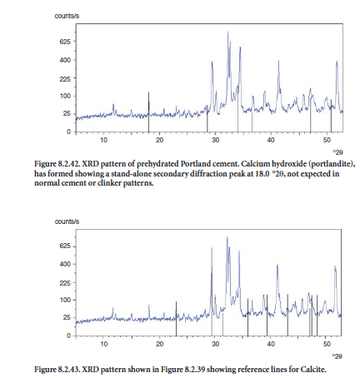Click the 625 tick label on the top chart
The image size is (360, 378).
coord(65,42)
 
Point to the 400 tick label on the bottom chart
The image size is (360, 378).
coord(65,264)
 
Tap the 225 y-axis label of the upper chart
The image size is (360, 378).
coord(65,78)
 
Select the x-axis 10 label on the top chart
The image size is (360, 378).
coord(103,140)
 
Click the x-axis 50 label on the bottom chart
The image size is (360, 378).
coord(327,344)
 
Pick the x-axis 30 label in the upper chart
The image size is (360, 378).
coord(215,140)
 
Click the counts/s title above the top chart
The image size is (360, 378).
coord(67,16)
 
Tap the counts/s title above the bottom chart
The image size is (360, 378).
coord(67,221)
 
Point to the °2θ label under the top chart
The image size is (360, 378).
coord(337,152)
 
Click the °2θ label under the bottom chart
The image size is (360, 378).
coord(337,356)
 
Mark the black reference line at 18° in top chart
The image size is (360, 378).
coord(148,112)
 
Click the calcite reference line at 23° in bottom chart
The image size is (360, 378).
coord(176,319)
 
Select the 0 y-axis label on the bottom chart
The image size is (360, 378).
coord(69,336)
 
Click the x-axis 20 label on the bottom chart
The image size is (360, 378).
coord(159,344)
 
